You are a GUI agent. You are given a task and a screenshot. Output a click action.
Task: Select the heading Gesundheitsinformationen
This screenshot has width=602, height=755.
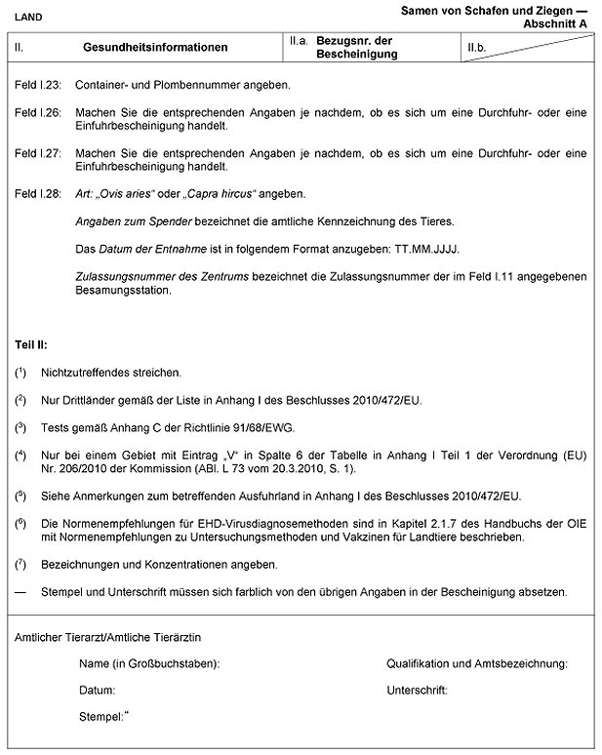(x=156, y=47)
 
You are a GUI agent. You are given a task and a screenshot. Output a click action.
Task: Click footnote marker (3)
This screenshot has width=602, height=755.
(x=20, y=427)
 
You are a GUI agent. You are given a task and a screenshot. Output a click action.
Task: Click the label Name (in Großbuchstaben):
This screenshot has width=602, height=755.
(x=148, y=663)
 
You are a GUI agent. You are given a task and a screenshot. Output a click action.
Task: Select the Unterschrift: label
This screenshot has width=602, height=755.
(x=417, y=690)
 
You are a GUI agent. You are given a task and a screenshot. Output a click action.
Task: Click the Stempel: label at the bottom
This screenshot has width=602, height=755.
(x=102, y=717)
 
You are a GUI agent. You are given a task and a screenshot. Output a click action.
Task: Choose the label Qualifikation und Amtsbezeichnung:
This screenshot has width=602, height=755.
(x=477, y=663)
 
